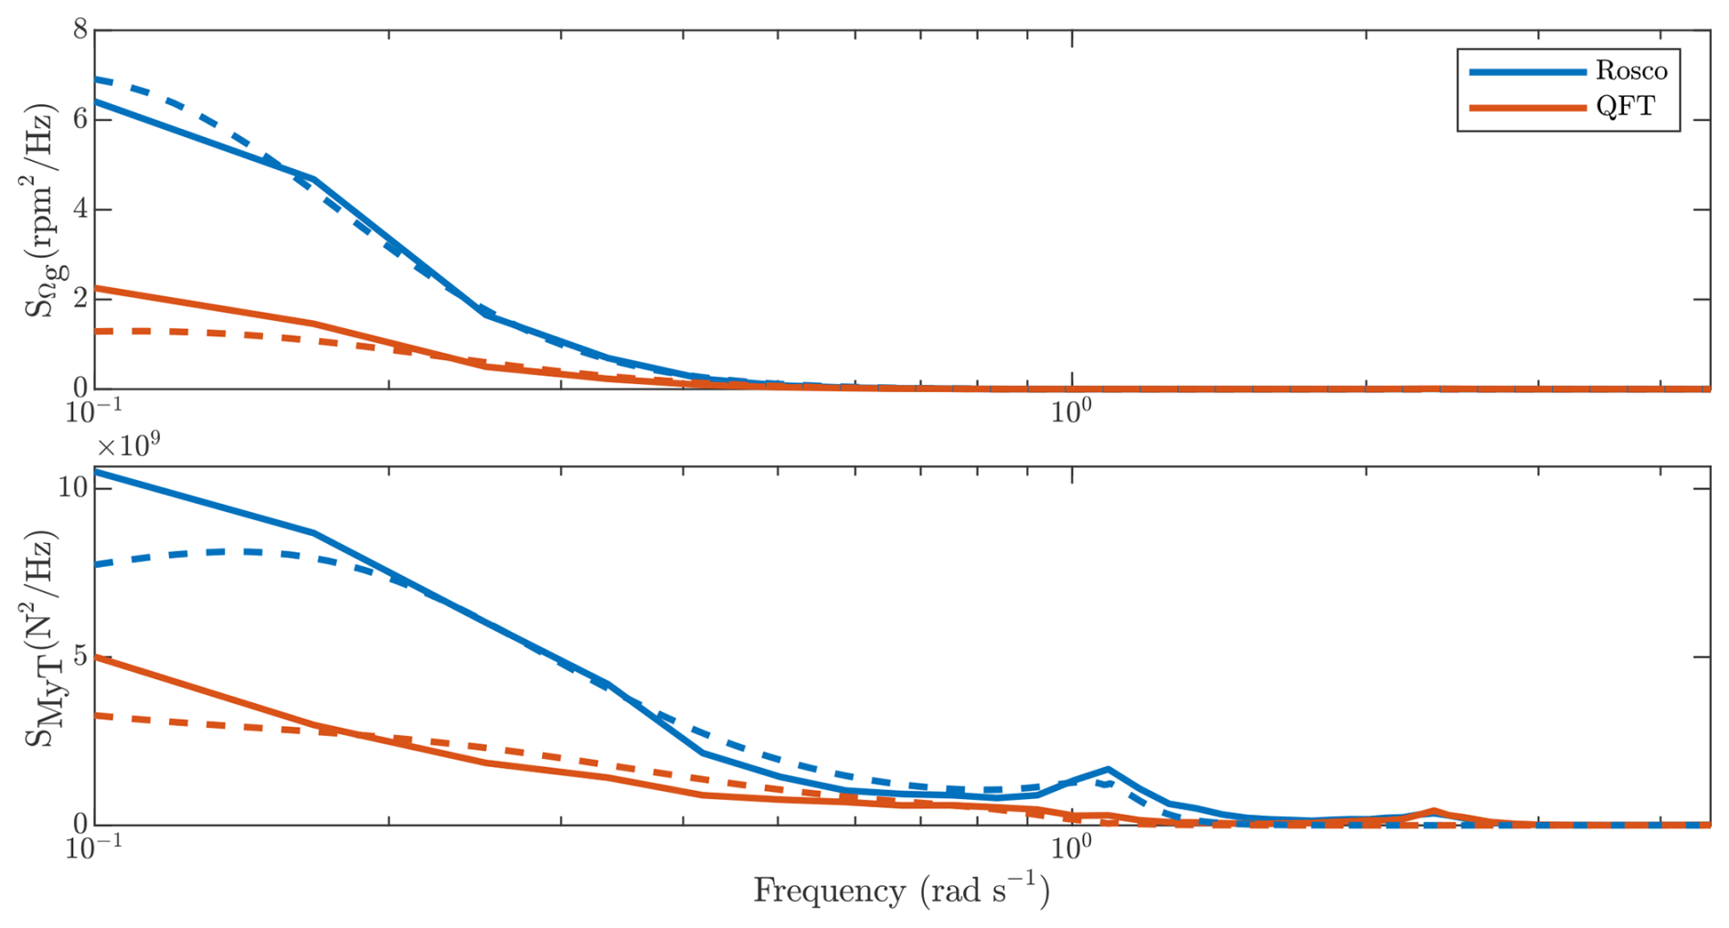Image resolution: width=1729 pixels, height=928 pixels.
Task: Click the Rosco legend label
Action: coord(1631,70)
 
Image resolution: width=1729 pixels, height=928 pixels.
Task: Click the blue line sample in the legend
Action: coord(1527,71)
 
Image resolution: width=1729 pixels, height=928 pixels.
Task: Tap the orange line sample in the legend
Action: coord(1527,108)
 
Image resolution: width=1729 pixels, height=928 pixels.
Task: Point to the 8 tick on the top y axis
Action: coord(80,30)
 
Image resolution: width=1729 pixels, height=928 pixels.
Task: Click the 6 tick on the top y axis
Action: coord(80,120)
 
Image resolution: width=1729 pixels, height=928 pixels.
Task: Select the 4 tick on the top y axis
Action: coord(80,209)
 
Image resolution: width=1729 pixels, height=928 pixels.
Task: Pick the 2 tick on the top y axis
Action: coord(80,299)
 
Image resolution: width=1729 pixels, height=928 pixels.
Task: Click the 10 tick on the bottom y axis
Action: coord(73,488)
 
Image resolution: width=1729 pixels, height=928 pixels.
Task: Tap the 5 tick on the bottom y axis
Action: coord(80,656)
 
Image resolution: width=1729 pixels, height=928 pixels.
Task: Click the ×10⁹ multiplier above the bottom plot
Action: coord(128,445)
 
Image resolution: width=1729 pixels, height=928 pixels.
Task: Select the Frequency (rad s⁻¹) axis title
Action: coord(901,890)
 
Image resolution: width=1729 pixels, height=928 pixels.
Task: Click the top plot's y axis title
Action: coord(40,210)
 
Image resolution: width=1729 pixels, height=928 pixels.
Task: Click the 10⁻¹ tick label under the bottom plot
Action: coord(94,847)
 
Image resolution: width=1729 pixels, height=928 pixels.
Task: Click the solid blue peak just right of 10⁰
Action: coord(1108,769)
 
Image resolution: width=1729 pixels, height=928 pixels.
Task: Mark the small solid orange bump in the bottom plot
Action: coord(1434,811)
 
